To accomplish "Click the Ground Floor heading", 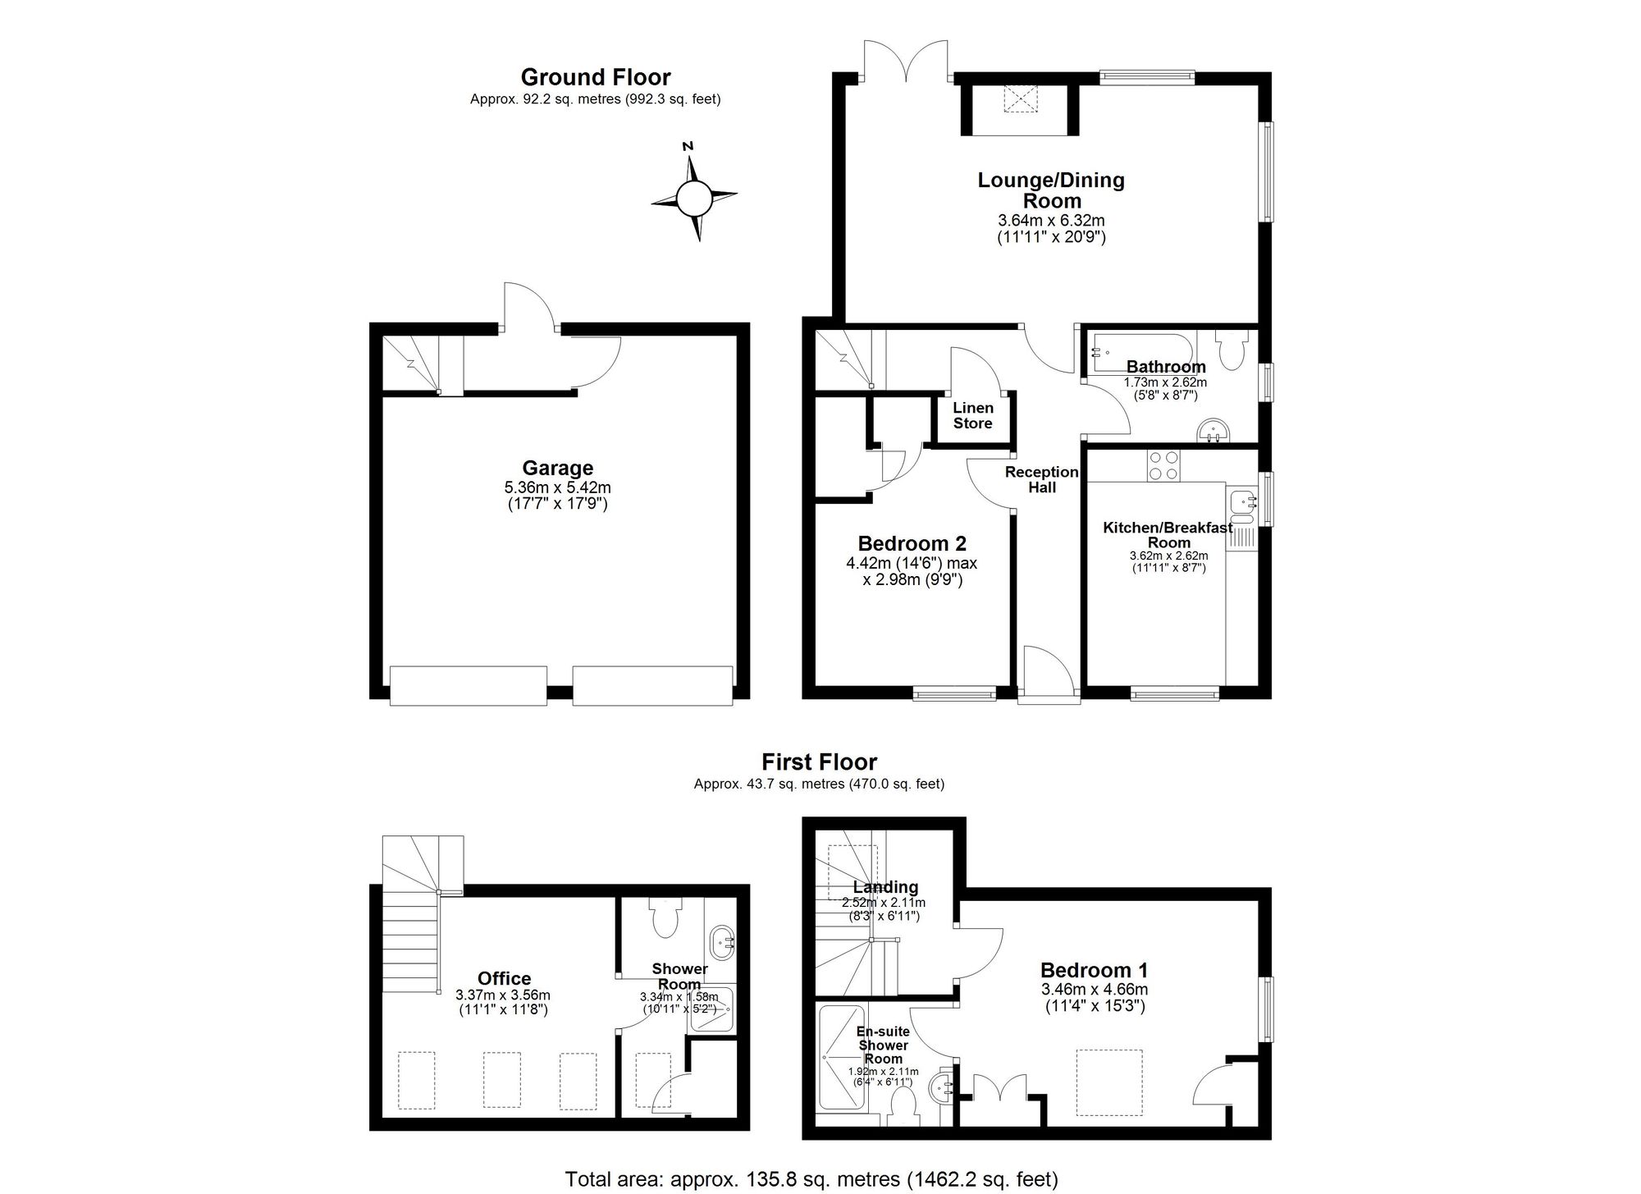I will click(x=596, y=77).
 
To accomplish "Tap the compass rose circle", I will click(x=694, y=198).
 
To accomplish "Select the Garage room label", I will click(x=558, y=468).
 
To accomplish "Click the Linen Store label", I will click(x=972, y=415).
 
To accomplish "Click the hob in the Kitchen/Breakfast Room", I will click(x=1163, y=465).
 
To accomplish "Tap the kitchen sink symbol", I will click(x=1242, y=501).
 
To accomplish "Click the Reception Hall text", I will click(x=1041, y=479).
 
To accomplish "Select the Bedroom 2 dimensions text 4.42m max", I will click(x=912, y=564).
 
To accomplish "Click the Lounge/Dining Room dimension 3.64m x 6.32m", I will click(x=1051, y=221).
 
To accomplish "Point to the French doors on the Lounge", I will click(x=907, y=62).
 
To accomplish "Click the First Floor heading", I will click(x=819, y=762).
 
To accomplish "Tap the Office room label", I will click(x=504, y=978).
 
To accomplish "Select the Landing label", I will click(x=885, y=887).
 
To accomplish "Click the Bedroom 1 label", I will click(x=1095, y=970).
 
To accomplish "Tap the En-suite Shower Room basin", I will click(x=941, y=1089).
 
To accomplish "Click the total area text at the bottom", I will click(x=811, y=1180).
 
